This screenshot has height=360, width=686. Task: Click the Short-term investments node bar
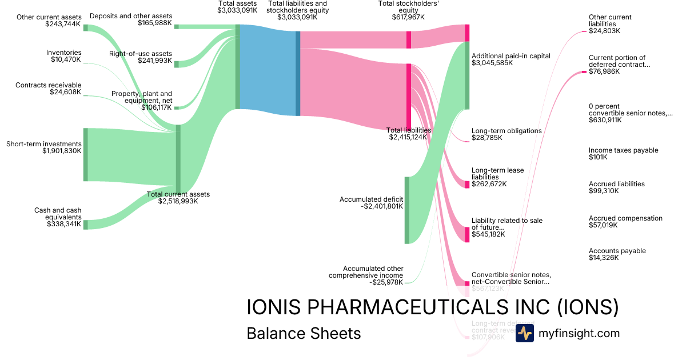[x=86, y=154]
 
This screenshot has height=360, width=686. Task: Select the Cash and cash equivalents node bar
[x=86, y=225]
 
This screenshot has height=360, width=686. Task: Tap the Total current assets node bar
[x=178, y=159]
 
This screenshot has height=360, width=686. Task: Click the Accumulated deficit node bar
[x=407, y=210]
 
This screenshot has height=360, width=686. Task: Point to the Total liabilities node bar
[x=409, y=97]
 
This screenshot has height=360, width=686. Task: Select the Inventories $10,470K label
[x=63, y=56]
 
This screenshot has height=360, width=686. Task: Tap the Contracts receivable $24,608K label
[x=49, y=89]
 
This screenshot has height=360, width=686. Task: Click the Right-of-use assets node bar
[x=177, y=64]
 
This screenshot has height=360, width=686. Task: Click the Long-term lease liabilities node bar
[x=467, y=184]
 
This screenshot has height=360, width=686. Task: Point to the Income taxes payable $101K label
[x=615, y=154]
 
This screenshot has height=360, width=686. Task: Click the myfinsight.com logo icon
[x=524, y=333]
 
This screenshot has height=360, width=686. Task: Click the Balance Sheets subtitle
[x=304, y=333]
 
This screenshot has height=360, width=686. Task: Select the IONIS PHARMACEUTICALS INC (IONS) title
[x=433, y=307]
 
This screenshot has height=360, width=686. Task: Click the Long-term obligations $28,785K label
[x=506, y=134]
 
